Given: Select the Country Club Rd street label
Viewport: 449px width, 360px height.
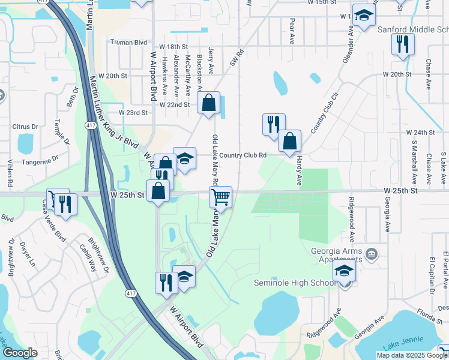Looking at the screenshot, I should click(243, 155).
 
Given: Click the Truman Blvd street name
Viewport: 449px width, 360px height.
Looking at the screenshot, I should click(128, 43).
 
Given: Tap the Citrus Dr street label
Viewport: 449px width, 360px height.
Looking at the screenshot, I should click(25, 127).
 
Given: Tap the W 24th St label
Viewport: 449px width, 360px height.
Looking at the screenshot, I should click(420, 132).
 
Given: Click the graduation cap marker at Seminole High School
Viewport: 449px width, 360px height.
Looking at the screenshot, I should click(344, 271).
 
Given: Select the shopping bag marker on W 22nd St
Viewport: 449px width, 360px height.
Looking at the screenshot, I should click(209, 103).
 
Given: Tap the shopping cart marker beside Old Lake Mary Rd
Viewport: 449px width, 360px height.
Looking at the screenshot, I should click(221, 197).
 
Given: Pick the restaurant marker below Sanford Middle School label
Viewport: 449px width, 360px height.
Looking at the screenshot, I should click(402, 44).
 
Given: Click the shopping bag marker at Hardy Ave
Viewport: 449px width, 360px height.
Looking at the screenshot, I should click(289, 142).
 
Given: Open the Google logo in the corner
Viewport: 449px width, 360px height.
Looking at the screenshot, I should click(20, 353).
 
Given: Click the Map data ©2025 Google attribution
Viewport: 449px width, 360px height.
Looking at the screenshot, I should click(411, 355).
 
